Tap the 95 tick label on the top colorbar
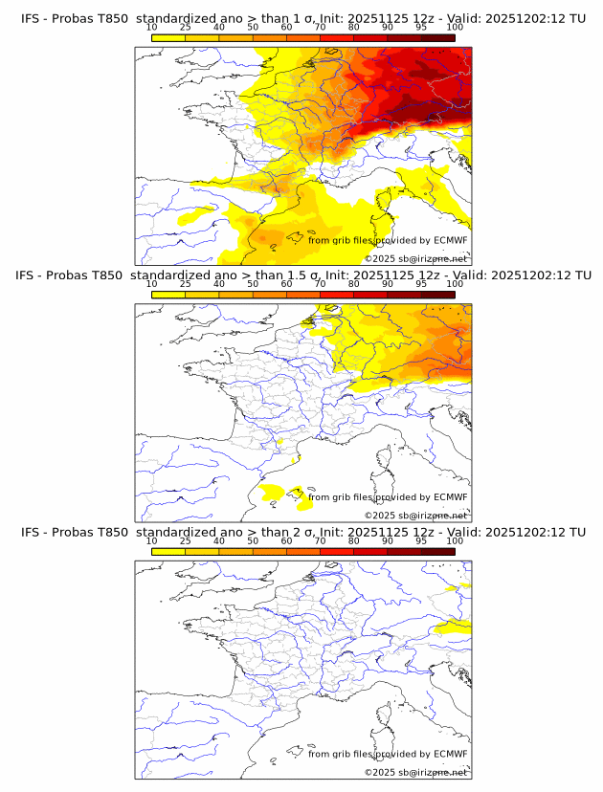[421, 27]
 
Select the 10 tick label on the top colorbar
[152, 27]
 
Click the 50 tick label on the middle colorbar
[253, 283]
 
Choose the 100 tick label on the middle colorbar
[455, 283]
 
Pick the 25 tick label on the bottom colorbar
[186, 540]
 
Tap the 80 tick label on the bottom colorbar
[354, 540]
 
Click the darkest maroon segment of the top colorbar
[437, 37]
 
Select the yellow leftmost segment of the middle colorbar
[168, 294]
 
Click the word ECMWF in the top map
[450, 240]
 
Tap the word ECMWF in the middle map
[450, 496]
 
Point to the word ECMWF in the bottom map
[450, 754]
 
